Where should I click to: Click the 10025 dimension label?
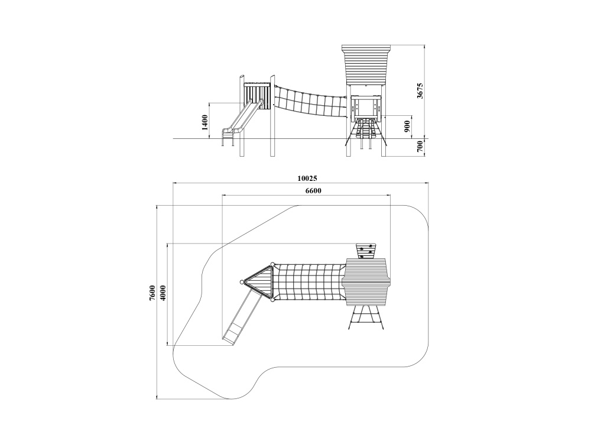pos(307,179)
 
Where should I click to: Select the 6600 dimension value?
pos(313,191)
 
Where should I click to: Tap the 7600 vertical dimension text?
pos(152,293)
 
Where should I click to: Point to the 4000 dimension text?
pos(163,293)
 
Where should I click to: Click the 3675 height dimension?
pos(420,90)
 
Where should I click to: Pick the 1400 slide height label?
pos(204,122)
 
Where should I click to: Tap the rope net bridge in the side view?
pos(310,102)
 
